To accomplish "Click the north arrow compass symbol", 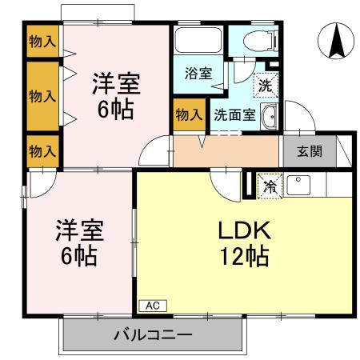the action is (336, 41).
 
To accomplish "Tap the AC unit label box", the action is (153, 306).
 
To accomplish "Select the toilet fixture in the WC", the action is (261, 41).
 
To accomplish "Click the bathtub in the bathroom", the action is (198, 40).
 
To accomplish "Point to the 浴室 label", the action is (198, 74).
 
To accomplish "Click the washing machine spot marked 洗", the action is (266, 85).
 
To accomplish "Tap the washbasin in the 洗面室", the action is (270, 117).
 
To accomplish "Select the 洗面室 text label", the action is (234, 115).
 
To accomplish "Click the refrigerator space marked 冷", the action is (270, 186).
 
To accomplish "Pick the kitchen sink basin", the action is (298, 185).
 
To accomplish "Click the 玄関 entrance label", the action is (310, 151).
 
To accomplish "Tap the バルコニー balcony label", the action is (153, 334).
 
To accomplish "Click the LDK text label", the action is (245, 230).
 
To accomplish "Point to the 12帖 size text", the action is (244, 256).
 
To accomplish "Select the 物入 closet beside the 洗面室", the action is (190, 114).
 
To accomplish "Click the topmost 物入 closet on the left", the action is (42, 41).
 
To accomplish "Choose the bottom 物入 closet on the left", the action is (42, 151).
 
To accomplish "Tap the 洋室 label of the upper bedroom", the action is (117, 84).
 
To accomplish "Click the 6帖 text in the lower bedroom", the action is (79, 256).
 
